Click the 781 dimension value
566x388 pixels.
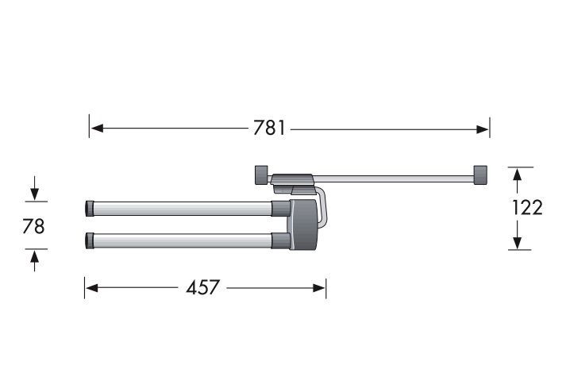click(x=269, y=128)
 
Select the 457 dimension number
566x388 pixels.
click(x=202, y=287)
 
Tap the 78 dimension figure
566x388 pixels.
click(x=33, y=226)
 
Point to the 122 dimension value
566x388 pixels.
click(x=527, y=208)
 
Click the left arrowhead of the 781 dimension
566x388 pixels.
click(x=97, y=128)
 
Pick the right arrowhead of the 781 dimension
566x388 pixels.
click(x=483, y=129)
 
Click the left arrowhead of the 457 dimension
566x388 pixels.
click(x=91, y=288)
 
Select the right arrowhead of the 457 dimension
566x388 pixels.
click(x=319, y=288)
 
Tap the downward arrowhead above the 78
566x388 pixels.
click(x=35, y=194)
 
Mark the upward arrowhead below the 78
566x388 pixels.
click(x=35, y=257)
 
